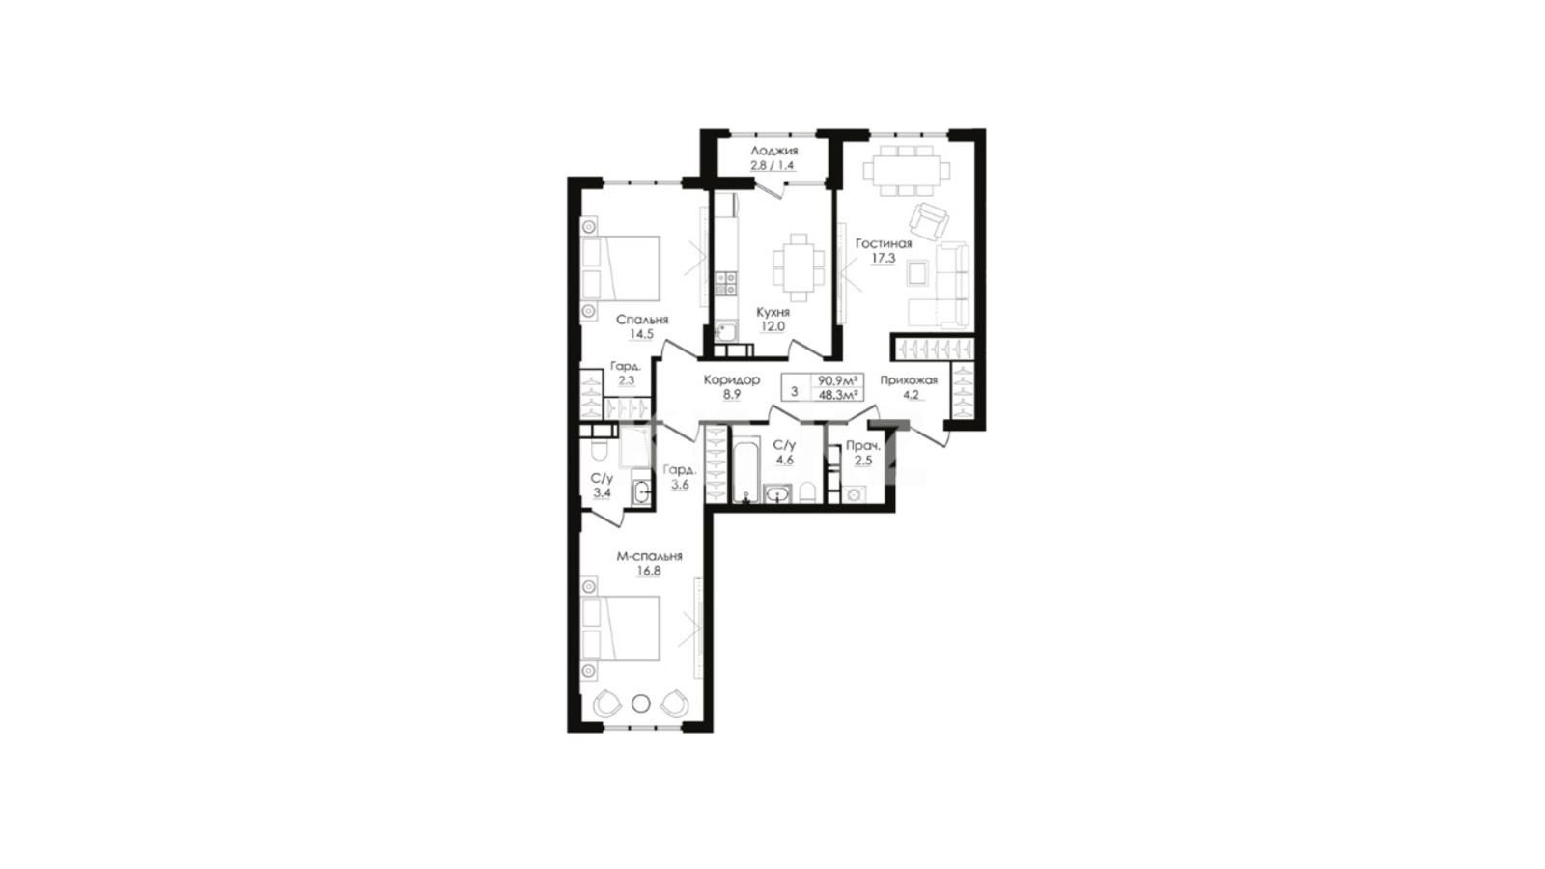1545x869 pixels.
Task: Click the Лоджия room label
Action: [774, 151]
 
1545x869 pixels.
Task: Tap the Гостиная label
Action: [884, 243]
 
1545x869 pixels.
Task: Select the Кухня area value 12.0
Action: [772, 327]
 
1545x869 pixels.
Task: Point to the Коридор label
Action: [732, 380]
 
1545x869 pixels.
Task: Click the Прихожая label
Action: [909, 380]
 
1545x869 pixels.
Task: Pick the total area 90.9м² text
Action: [838, 380]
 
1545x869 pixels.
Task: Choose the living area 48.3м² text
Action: [838, 395]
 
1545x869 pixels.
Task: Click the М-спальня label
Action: [649, 556]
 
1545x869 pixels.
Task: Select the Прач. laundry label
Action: [863, 445]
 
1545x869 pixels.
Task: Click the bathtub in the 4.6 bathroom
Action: [744, 472]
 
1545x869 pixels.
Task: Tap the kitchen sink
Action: [725, 332]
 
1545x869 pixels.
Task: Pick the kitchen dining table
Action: [799, 267]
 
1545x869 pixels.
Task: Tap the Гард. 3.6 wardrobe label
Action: [680, 477]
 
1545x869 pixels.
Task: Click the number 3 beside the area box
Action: [795, 392]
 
